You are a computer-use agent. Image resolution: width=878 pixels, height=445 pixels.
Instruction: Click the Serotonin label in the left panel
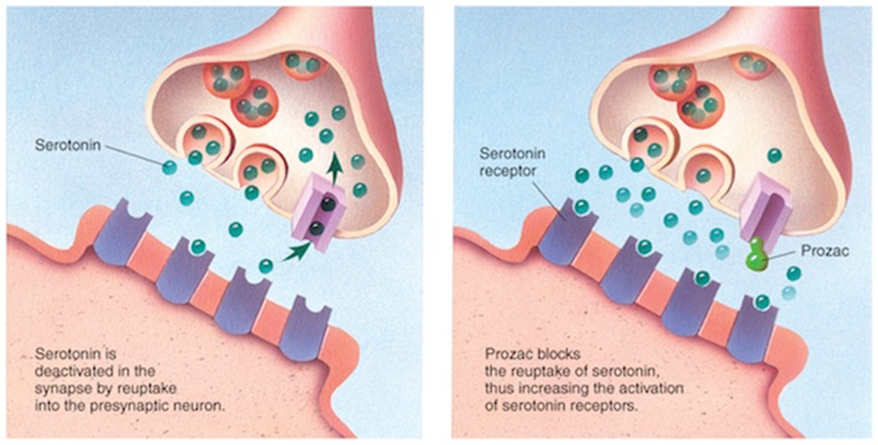coord(67,144)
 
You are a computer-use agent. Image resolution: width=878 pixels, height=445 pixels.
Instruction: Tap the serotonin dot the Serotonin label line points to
coord(169,168)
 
